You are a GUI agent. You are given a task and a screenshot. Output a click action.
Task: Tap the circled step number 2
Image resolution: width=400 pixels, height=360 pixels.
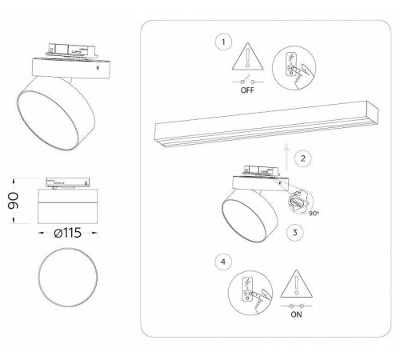click(x=302, y=158)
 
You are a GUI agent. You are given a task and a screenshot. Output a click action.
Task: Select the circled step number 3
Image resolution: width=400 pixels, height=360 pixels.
click(x=295, y=233)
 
